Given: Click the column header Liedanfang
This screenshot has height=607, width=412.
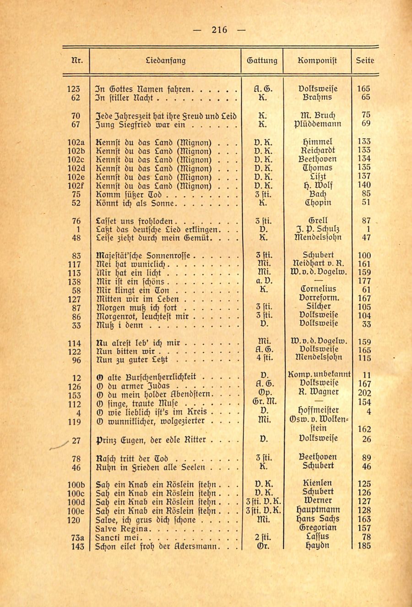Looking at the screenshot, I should pos(165,60).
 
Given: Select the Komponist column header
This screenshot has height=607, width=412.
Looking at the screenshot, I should pos(317,60).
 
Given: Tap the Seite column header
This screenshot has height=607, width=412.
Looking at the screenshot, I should pos(365,60).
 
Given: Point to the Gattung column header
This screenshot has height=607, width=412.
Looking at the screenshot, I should pos(262,60).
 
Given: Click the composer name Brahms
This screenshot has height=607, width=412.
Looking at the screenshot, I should pos(317,98).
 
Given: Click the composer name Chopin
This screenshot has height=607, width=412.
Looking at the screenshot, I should pos(317,203).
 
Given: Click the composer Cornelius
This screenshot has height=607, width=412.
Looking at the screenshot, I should pos(317,289).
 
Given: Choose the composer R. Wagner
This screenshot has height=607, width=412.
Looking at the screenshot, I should pos(317,392).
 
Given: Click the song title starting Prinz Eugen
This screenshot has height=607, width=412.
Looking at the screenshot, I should pos(151,440).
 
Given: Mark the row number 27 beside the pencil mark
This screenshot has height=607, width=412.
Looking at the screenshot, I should pos(76,441).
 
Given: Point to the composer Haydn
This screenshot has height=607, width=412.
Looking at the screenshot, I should pos(317,546).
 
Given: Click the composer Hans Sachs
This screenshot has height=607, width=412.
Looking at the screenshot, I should pos(317,519).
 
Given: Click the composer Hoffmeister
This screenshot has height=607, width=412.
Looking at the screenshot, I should pos(317,411).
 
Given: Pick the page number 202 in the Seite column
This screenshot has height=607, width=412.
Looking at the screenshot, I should pos(365,393).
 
